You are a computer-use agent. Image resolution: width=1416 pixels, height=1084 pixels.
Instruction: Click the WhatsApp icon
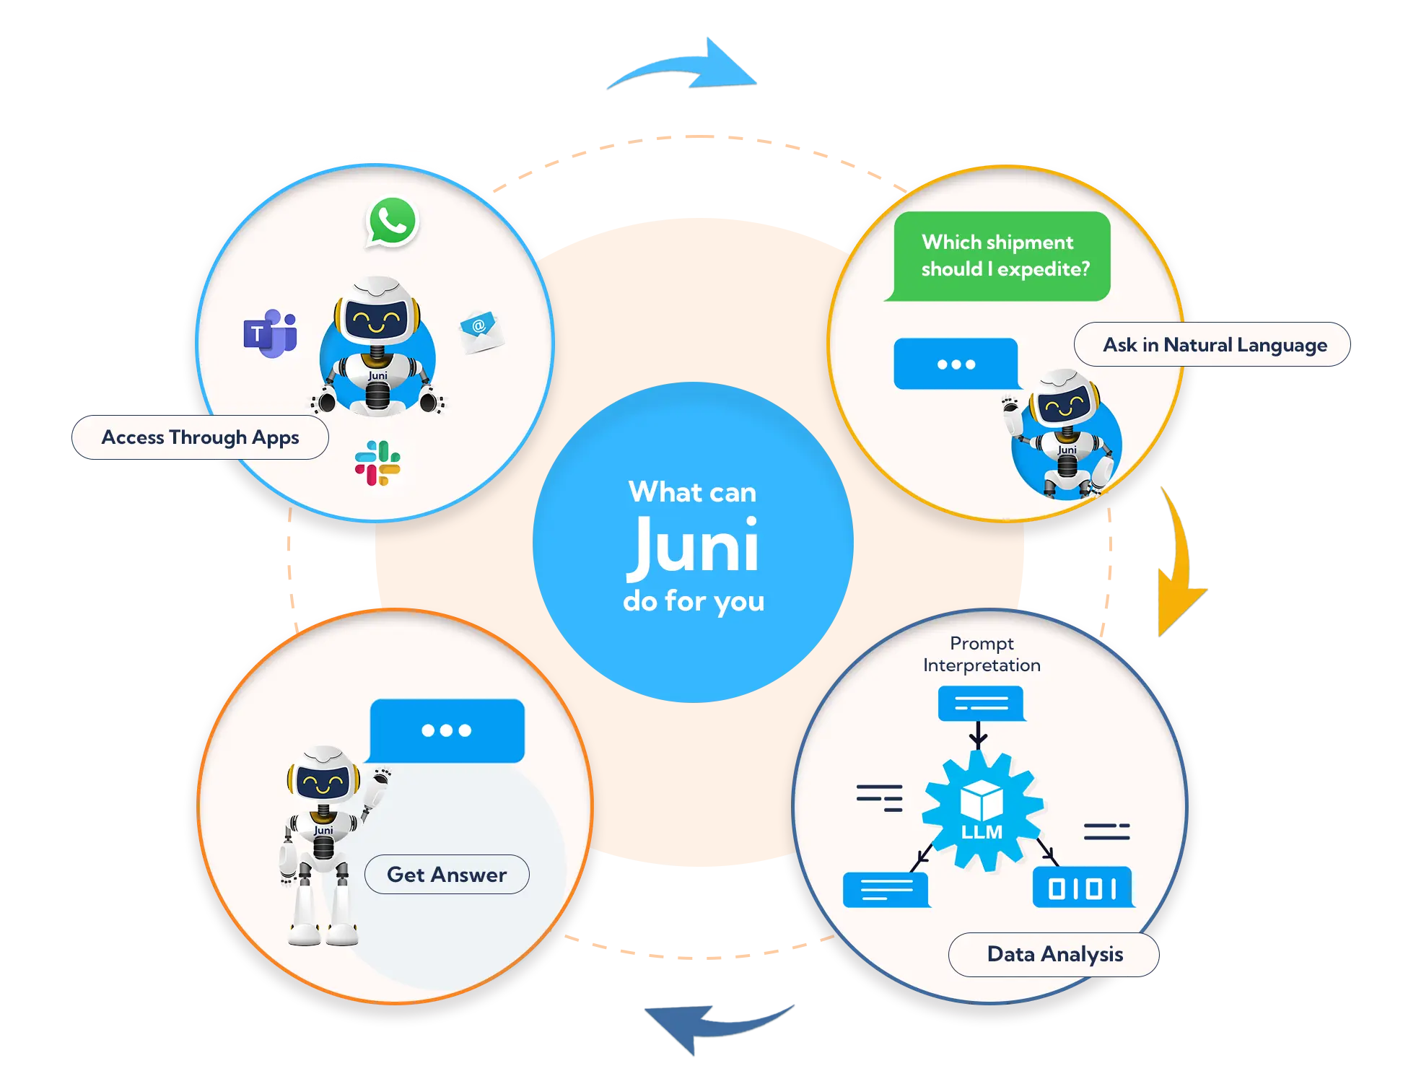[393, 222]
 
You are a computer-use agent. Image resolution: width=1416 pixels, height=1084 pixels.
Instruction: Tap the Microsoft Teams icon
[270, 333]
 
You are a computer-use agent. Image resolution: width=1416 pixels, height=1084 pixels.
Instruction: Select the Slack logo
[377, 463]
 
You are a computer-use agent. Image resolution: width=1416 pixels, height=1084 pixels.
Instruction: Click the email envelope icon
[481, 331]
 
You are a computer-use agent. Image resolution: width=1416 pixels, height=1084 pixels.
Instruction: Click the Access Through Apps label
[200, 437]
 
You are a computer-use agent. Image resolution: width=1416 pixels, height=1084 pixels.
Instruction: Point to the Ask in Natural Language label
[1214, 345]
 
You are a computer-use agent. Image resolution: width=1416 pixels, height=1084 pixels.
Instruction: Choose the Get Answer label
[447, 875]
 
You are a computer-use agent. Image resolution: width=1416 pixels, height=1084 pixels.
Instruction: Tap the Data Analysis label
[1054, 954]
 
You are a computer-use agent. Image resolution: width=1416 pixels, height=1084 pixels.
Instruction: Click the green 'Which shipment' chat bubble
[1001, 255]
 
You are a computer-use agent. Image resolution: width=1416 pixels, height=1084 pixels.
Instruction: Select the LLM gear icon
[982, 810]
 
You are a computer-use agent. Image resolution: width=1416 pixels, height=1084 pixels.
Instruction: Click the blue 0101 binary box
[1083, 887]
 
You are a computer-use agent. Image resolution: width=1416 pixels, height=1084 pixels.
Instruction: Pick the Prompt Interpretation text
[982, 654]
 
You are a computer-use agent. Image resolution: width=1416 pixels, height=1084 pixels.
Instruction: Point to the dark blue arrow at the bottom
[711, 1028]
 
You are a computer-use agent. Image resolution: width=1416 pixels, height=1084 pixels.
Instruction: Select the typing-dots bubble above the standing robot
[447, 730]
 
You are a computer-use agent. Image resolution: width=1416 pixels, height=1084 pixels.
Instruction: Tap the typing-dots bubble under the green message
[956, 364]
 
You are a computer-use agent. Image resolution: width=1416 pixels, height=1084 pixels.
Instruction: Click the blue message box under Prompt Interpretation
[981, 703]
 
